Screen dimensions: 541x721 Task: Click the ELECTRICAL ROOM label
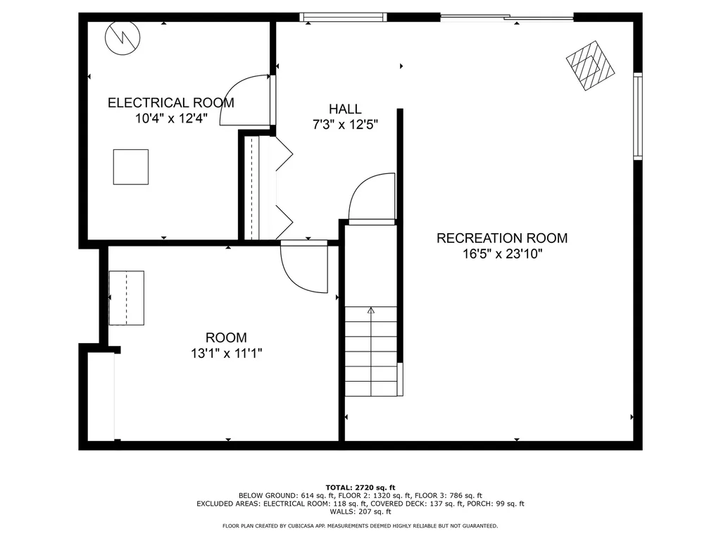coord(170,103)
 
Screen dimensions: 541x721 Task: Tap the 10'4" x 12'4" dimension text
coord(171,118)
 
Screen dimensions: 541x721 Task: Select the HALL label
coord(345,109)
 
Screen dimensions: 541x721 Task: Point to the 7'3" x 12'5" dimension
coord(345,125)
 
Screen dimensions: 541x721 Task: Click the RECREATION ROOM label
coord(501,238)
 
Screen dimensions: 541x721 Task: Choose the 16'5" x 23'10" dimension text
coord(501,254)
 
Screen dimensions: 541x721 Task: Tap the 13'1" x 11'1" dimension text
coord(226,354)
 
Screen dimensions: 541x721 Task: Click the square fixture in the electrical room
coord(131,167)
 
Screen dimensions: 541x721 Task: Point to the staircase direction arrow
coord(371,310)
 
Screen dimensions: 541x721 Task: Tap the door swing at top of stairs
coord(372,197)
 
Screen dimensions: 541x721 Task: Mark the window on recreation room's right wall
coord(637,116)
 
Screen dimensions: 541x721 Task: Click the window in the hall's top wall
coord(343,17)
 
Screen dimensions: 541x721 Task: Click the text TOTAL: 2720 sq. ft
coord(360,487)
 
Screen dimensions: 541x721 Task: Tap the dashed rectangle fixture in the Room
coord(127,298)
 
